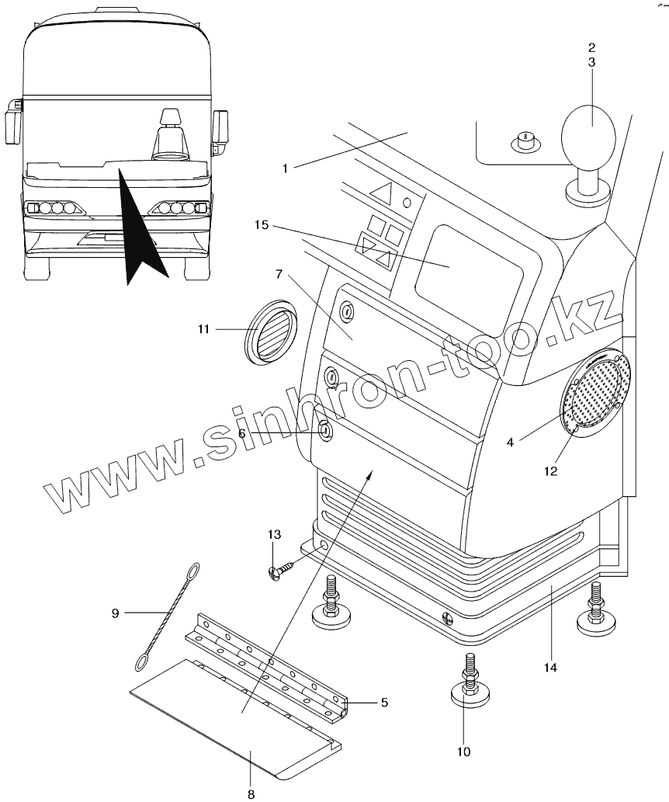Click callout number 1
[286, 168]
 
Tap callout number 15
[261, 225]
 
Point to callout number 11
[203, 329]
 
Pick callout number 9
[115, 613]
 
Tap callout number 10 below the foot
[463, 751]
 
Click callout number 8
[251, 793]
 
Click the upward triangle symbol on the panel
[382, 191]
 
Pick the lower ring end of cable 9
[143, 661]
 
